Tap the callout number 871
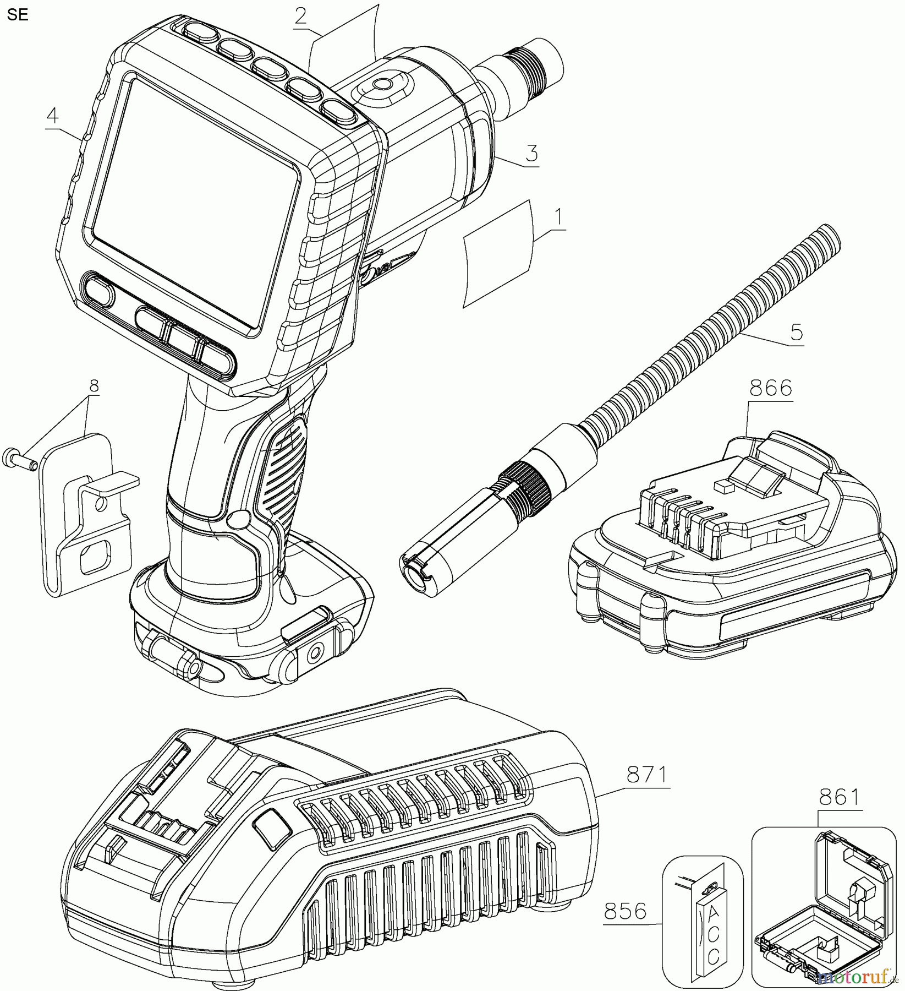tap(646, 776)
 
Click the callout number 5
tap(796, 333)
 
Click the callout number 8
tap(94, 386)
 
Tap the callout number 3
tap(531, 153)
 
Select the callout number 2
tap(300, 15)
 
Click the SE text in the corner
tap(18, 15)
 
